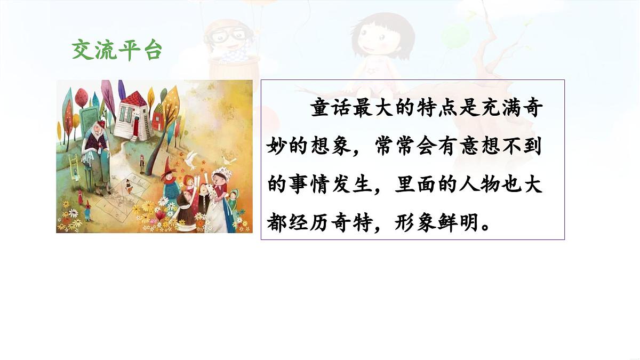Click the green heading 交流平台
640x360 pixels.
[116, 50]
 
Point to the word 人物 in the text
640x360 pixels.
[470, 184]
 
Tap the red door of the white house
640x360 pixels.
[137, 127]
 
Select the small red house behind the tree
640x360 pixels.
[158, 118]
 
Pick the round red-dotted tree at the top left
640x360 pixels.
[81, 97]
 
